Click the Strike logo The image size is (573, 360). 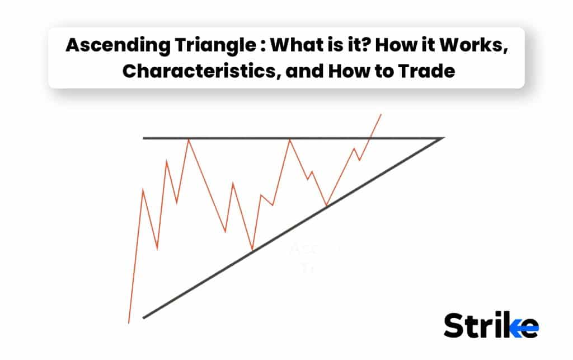[x=491, y=325]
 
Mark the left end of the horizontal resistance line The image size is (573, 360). [x=144, y=138]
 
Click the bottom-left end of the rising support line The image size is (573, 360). [x=144, y=318]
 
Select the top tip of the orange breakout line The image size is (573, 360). [x=381, y=114]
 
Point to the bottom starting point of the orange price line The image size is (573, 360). [x=129, y=323]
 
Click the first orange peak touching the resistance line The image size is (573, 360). [x=189, y=139]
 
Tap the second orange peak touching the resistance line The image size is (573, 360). [x=290, y=139]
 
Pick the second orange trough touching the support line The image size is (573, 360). [x=326, y=205]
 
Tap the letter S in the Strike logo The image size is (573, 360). [x=454, y=325]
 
